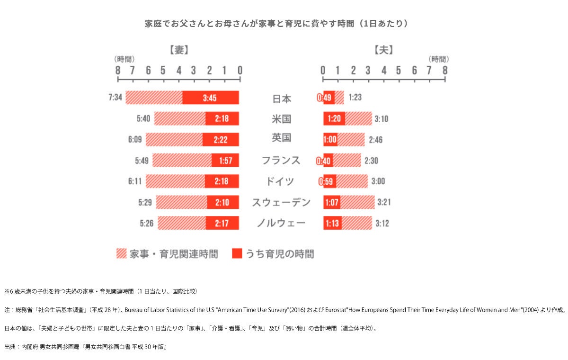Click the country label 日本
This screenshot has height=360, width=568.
pos(282,99)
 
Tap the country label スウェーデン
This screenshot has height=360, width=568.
pos(281,203)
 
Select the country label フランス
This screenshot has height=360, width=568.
pos(281,160)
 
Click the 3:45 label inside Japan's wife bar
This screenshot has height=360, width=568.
pos(209,98)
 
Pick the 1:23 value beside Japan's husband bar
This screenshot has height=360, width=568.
pos(355,98)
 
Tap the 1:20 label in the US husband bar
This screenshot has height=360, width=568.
pos(334,118)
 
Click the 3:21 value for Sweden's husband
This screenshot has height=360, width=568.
pos(384,203)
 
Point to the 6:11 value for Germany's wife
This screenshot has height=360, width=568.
pos(135,181)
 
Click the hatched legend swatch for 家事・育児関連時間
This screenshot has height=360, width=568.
pos(121,254)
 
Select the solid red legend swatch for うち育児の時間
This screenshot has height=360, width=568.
pos(237,254)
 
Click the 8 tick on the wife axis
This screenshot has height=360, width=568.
pos(117,70)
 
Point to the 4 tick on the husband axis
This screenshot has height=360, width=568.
pos(384,70)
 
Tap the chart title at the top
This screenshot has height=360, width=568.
pos(276,24)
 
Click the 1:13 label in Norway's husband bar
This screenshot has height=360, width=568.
pos(332,223)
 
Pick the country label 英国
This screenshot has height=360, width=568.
pos(282,138)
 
